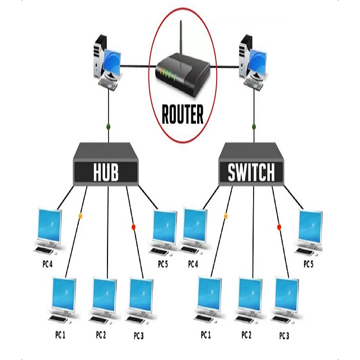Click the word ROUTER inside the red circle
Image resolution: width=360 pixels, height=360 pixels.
point(182,114)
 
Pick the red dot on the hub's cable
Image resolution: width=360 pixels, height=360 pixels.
point(133,227)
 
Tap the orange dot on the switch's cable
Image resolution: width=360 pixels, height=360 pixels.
point(226,216)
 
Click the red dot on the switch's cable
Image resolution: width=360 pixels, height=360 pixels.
point(279,227)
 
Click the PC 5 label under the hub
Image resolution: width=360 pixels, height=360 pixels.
point(163,264)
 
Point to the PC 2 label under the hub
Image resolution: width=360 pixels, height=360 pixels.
point(101,335)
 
